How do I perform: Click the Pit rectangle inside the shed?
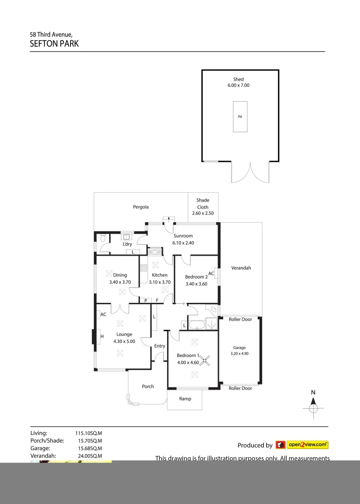pos(240,116)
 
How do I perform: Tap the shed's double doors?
pos(250,173)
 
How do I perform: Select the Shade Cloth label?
pos(203,203)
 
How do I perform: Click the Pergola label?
pos(141,207)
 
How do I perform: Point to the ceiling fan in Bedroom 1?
pos(205,359)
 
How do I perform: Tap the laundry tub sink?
pos(126,236)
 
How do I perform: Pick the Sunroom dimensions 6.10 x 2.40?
pos(183,243)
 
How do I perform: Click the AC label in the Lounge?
pos(103,314)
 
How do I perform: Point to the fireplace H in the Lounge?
pos(102,336)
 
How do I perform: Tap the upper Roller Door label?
pos(240,319)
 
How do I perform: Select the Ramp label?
pos(185,399)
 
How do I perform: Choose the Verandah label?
pos(241,268)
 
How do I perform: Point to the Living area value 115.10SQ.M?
pos(89,433)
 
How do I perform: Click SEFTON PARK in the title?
pos(54,44)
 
